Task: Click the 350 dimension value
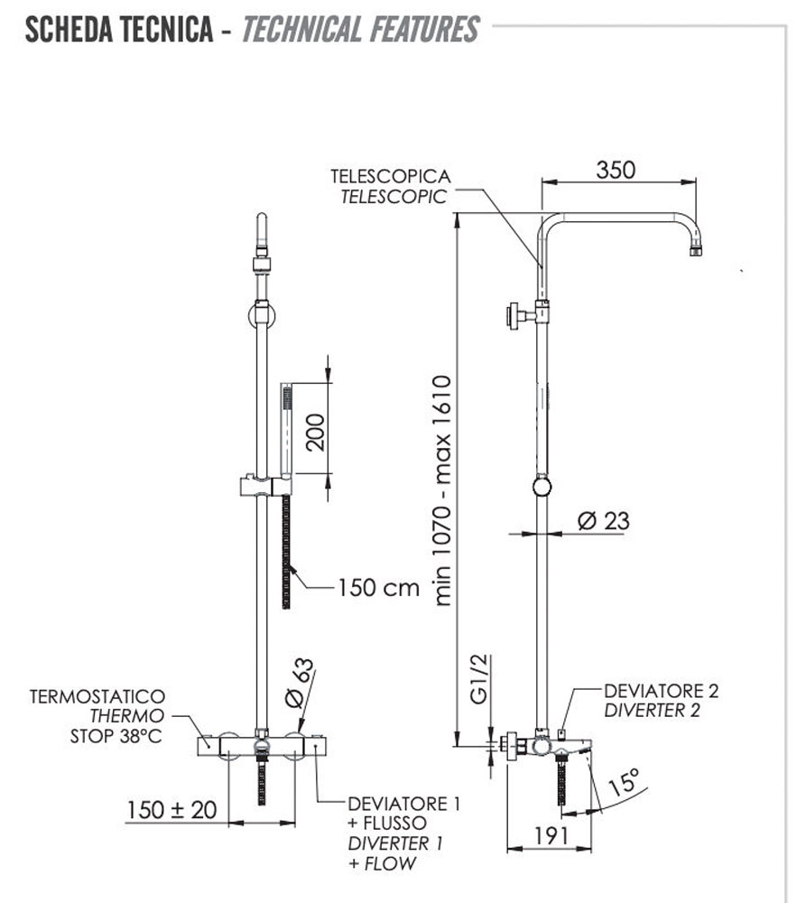616,170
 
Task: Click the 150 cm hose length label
379,588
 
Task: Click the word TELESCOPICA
390,176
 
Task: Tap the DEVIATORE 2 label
661,692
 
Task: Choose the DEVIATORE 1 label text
403,804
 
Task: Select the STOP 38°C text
116,736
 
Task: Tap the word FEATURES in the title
422,30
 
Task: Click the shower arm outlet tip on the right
696,248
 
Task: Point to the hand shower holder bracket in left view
264,486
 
